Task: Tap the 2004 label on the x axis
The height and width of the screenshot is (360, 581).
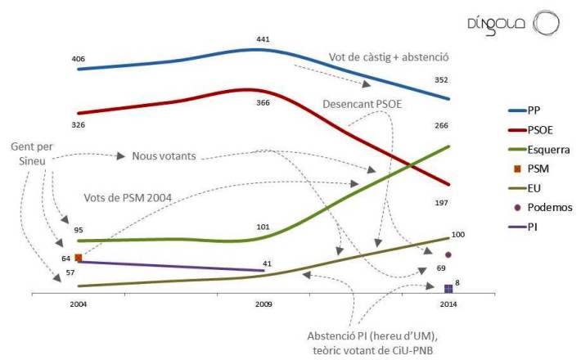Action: [79, 304]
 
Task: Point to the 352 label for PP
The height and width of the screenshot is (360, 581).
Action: [443, 80]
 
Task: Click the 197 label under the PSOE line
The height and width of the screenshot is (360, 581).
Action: [443, 201]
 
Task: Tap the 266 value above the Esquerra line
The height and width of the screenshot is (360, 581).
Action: [443, 125]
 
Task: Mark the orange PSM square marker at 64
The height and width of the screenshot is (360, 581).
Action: [79, 258]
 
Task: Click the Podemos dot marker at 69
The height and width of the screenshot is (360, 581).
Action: [448, 254]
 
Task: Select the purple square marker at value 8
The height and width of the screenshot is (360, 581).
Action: [448, 288]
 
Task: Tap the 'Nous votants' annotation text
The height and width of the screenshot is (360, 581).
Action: [164, 156]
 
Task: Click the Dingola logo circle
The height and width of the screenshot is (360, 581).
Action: [545, 22]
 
